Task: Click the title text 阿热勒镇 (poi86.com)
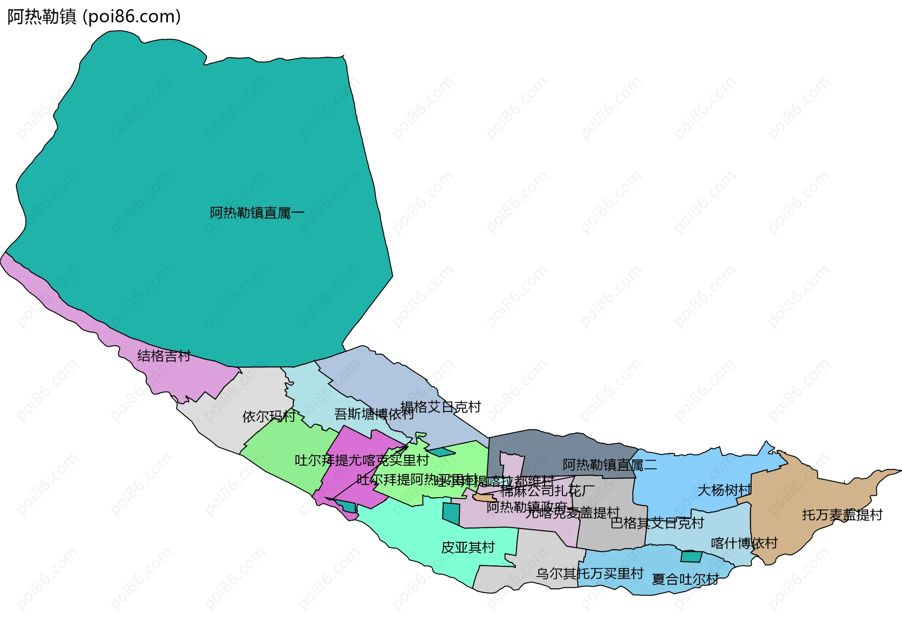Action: pos(94,16)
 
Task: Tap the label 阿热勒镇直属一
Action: pos(257,213)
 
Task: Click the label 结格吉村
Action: pos(164,356)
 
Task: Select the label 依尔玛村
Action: pos(269,416)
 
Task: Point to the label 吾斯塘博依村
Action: pos(373,414)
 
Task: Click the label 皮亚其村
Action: pos(468,547)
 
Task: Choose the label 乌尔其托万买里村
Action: pos(590,573)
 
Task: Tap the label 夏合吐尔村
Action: pos(685,579)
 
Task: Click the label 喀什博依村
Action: pos(744,543)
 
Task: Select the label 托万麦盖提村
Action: pos(842,515)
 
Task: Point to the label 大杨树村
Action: pos(724,490)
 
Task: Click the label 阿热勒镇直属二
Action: pos(609,465)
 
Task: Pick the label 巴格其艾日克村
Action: pos(657,523)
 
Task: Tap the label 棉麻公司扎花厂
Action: pos(547,491)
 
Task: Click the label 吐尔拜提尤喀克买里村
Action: pos(362,460)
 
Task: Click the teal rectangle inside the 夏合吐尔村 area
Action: pos(691,557)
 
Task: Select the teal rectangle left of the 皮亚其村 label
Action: pos(451,514)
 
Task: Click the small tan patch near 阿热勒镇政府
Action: pos(484,497)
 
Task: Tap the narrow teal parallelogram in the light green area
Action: pos(441,452)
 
